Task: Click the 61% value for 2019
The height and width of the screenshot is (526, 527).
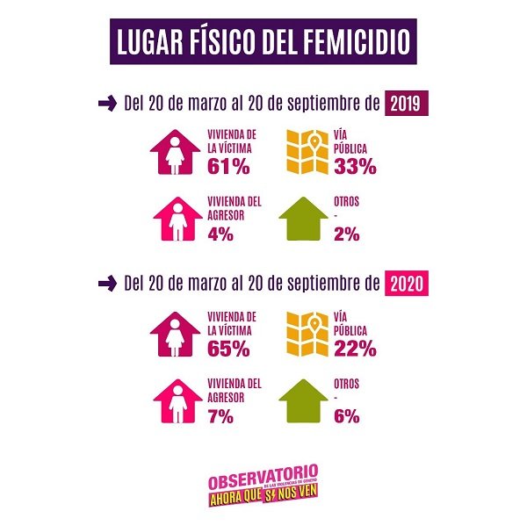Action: [230, 165]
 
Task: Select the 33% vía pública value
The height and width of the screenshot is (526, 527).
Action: [354, 165]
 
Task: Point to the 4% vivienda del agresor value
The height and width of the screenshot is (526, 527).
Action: [220, 234]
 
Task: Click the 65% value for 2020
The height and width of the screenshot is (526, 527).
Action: [230, 348]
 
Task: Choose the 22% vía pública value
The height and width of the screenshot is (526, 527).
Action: [354, 348]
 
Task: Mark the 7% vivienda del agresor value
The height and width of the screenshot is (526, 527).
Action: [220, 416]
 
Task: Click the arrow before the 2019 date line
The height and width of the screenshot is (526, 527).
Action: [107, 104]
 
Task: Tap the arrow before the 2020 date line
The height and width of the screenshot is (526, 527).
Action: [107, 284]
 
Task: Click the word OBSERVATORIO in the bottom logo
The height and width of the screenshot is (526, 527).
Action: [263, 482]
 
